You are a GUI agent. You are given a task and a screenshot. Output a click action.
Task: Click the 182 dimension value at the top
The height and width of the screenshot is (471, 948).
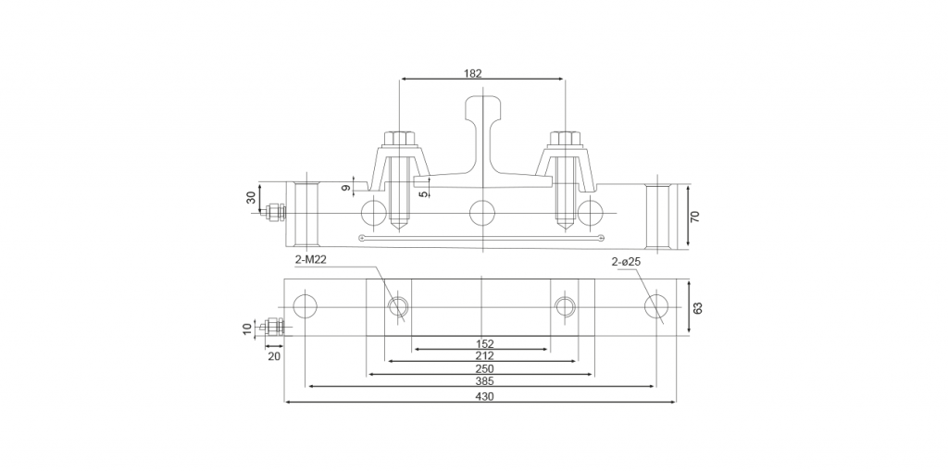tap(473, 73)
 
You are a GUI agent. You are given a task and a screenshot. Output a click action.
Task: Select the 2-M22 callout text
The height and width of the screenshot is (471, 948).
tap(311, 261)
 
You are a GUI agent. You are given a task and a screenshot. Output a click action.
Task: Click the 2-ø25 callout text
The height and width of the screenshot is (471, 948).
tap(626, 262)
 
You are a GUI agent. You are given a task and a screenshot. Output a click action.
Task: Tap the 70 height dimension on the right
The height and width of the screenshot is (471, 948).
tap(695, 217)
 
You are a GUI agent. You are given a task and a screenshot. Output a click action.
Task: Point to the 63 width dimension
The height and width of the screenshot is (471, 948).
tap(698, 308)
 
